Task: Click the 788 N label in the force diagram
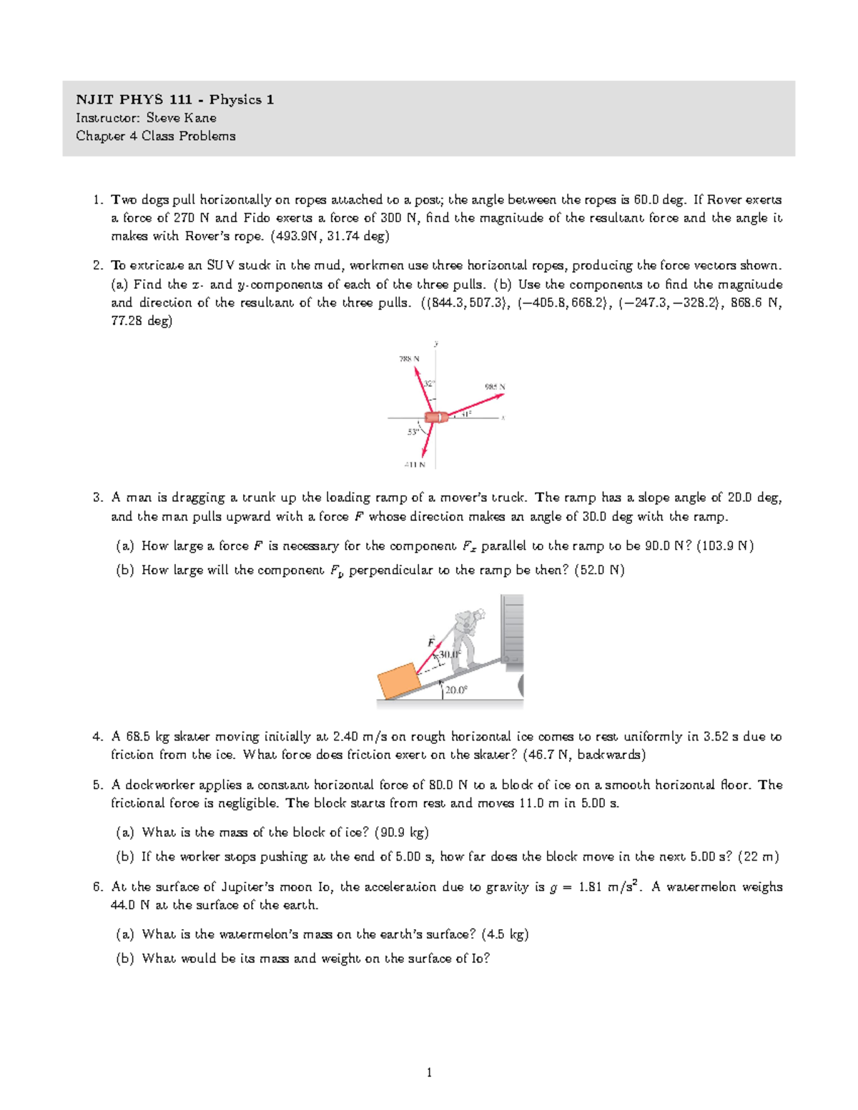pos(409,359)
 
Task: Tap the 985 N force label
pos(495,387)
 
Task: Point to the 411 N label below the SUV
pos(415,465)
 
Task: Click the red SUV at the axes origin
pos(435,417)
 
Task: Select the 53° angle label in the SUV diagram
pos(413,432)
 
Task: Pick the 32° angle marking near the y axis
pos(428,384)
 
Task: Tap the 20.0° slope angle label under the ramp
pos(455,690)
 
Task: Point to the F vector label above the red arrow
pos(431,641)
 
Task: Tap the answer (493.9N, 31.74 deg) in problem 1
pos(329,236)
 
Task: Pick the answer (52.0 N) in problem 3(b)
pos(599,570)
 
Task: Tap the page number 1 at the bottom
pos(429,1072)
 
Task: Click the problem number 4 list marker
pos(97,737)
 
